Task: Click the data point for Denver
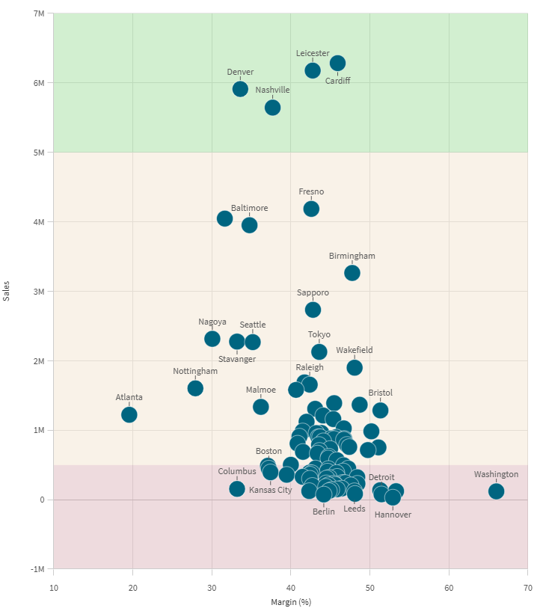point(240,89)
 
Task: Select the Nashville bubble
point(272,108)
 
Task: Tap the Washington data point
point(496,491)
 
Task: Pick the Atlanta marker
point(129,414)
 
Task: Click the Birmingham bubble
point(352,273)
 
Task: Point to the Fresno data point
point(311,209)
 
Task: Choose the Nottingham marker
point(195,388)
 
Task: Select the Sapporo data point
point(313,310)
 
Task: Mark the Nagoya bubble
point(212,339)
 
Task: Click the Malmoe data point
point(260,407)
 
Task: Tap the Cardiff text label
point(337,81)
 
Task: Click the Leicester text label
point(312,53)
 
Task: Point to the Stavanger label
point(237,359)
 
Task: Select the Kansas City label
point(270,490)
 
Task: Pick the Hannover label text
point(393,515)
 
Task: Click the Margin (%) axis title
point(290,602)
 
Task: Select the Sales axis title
point(7,292)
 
